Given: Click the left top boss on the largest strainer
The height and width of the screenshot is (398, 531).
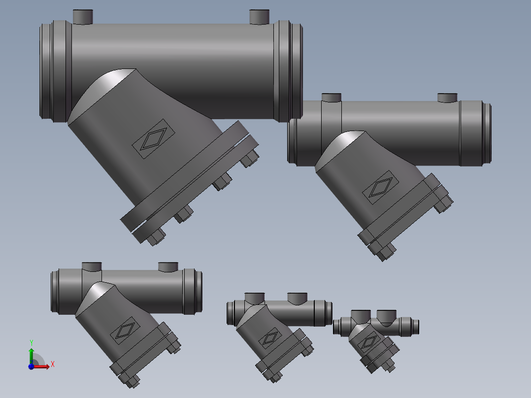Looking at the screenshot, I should [83, 16].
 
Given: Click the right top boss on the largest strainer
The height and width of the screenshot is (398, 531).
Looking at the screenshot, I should [260, 17].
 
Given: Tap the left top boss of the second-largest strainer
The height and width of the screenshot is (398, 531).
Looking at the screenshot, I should [331, 97].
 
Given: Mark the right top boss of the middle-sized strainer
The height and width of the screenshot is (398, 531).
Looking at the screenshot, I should [168, 266].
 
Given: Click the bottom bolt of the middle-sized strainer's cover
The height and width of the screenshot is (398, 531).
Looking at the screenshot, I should [130, 381].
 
